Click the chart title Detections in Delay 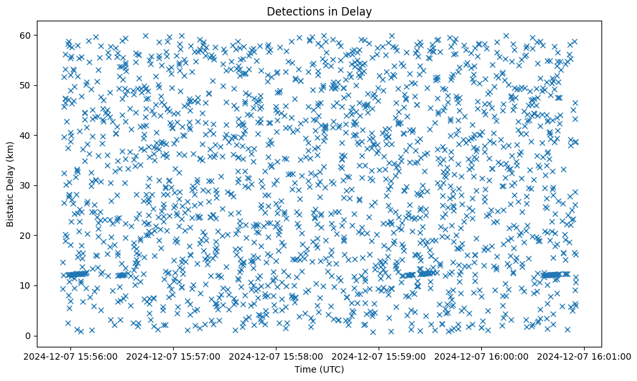(x=319, y=11)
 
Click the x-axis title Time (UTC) (x=319, y=370)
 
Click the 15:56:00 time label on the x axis (x=71, y=356)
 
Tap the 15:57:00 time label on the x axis (x=174, y=356)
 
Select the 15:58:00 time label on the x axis (x=277, y=356)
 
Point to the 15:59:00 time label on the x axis (x=379, y=356)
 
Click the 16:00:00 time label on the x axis (x=482, y=356)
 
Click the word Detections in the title (x=295, y=11)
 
